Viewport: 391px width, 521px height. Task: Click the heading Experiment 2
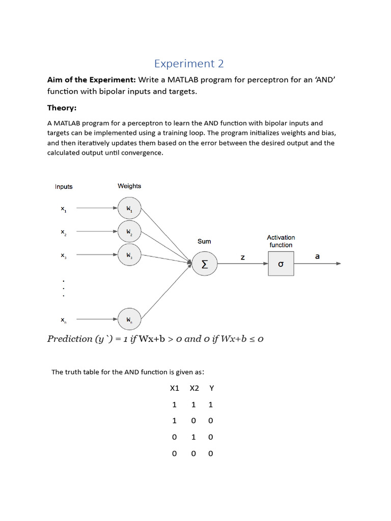pyautogui.click(x=189, y=64)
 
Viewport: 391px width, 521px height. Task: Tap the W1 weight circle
pyautogui.click(x=129, y=208)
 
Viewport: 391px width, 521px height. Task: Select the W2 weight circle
pyautogui.click(x=129, y=231)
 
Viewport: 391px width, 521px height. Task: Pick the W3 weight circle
pyautogui.click(x=129, y=254)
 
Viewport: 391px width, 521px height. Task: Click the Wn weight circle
pyautogui.click(x=129, y=320)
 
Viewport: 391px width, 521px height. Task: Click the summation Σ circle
pyautogui.click(x=205, y=264)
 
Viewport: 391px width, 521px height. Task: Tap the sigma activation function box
pyautogui.click(x=281, y=264)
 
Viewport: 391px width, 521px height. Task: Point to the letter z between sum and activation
pyautogui.click(x=243, y=257)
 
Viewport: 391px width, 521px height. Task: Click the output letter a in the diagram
pyautogui.click(x=317, y=256)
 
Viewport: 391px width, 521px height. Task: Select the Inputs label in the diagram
pyautogui.click(x=64, y=187)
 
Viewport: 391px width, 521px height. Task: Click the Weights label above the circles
pyautogui.click(x=129, y=186)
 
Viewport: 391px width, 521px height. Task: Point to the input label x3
pyautogui.click(x=64, y=255)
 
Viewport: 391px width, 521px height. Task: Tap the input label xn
pyautogui.click(x=64, y=320)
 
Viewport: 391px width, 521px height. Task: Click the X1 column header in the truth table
pyautogui.click(x=175, y=388)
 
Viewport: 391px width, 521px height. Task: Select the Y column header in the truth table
pyautogui.click(x=211, y=388)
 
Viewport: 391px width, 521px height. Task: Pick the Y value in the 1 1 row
pyautogui.click(x=211, y=404)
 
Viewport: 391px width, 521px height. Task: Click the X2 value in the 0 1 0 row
pyautogui.click(x=193, y=437)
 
